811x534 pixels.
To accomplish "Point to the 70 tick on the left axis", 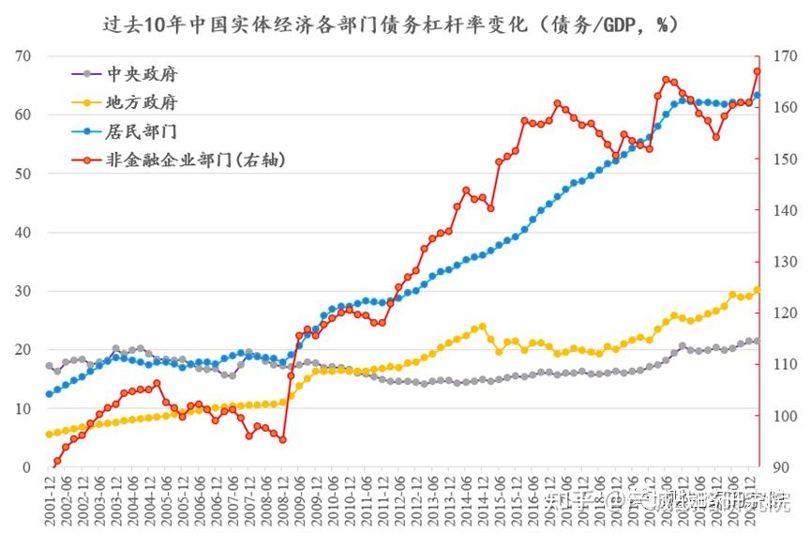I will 22,56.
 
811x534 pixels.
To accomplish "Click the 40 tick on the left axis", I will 22,233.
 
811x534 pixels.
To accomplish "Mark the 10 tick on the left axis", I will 22,409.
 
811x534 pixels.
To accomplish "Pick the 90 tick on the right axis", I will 781,467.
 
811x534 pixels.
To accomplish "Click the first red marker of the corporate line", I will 57,461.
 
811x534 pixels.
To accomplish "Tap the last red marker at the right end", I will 758,71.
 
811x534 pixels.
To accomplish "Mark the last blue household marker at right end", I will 758,95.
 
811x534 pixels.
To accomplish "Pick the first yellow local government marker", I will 49,435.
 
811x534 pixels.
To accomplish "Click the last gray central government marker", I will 758,341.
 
